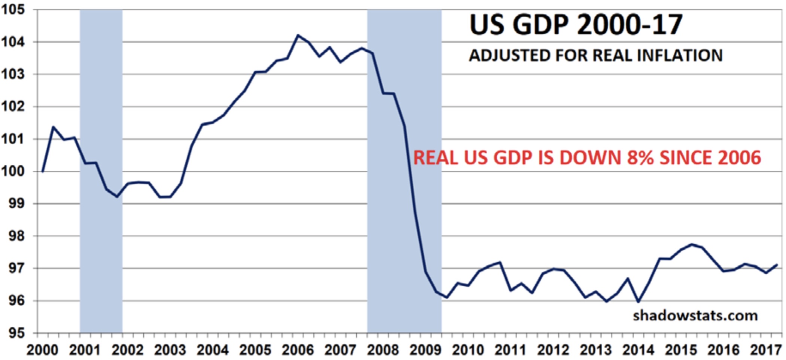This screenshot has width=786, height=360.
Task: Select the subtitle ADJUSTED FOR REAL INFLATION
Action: pyautogui.click(x=595, y=56)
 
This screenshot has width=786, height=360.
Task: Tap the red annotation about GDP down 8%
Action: pyautogui.click(x=587, y=158)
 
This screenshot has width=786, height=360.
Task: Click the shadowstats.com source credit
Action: pyautogui.click(x=695, y=315)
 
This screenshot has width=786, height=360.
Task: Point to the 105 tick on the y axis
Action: pyautogui.click(x=13, y=10)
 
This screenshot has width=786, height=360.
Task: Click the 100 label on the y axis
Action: pyautogui.click(x=13, y=171)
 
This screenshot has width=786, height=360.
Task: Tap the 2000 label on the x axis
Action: pyautogui.click(x=42, y=350)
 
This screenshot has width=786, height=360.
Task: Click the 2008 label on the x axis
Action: pyautogui.click(x=383, y=350)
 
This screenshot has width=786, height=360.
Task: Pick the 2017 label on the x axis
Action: pyautogui.click(x=766, y=350)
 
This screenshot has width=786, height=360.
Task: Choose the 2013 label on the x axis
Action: pyautogui.click(x=595, y=350)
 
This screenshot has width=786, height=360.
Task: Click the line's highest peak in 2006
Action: pyautogui.click(x=298, y=35)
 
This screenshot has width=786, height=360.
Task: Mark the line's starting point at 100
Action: pyautogui.click(x=43, y=171)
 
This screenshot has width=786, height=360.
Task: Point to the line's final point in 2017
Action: pyautogui.click(x=777, y=265)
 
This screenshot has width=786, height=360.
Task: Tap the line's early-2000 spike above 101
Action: pyautogui.click(x=53, y=127)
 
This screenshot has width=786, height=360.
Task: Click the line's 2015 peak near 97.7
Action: pyautogui.click(x=691, y=244)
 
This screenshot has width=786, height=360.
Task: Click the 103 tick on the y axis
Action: pyautogui.click(x=13, y=74)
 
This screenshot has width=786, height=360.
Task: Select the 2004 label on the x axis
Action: pyautogui.click(x=213, y=350)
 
